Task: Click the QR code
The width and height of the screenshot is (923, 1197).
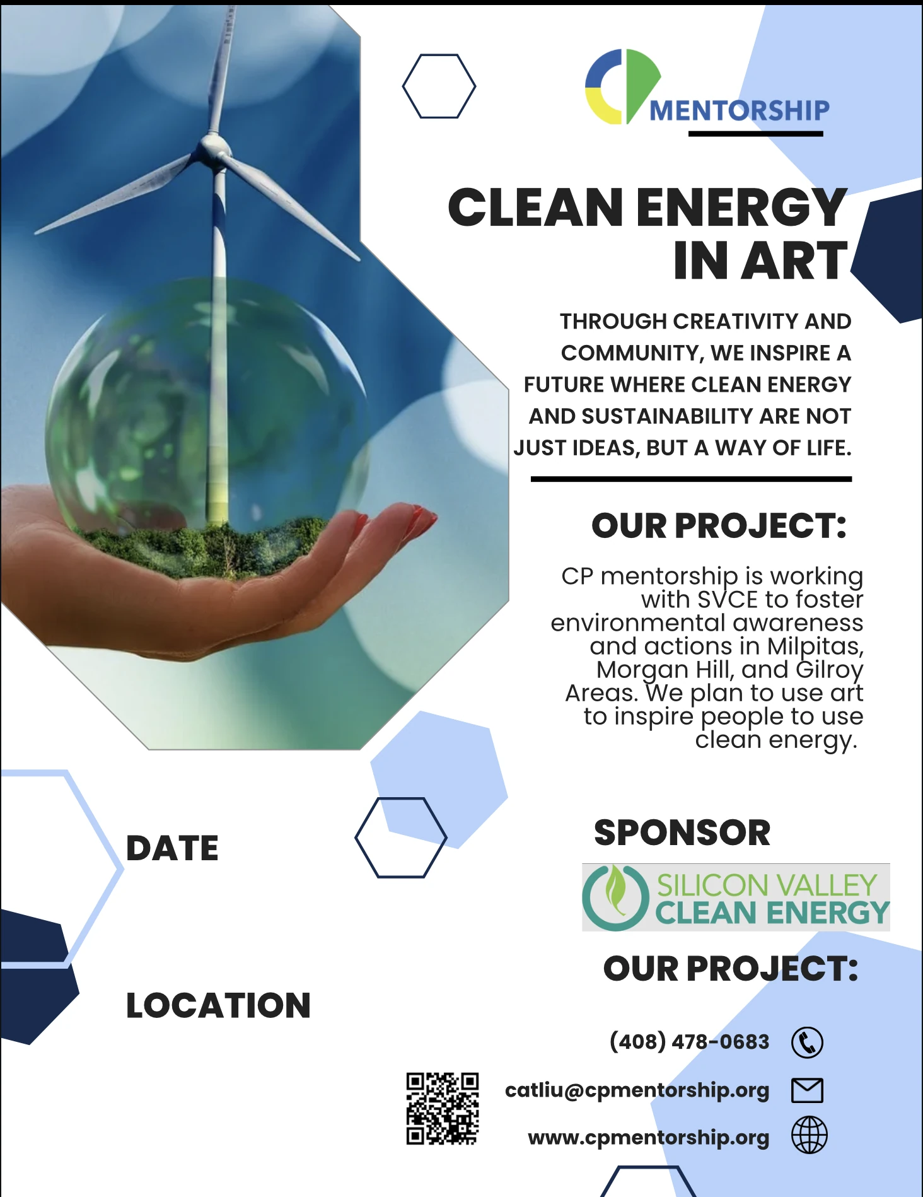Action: coord(442,1108)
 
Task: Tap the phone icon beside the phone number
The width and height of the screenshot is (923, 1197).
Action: coord(807,1042)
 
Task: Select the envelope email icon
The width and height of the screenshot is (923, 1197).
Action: coord(807,1090)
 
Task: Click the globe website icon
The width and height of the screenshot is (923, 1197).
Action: coord(810,1135)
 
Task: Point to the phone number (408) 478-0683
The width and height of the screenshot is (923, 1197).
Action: coord(689,1041)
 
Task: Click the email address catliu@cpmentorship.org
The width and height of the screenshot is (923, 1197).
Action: coord(637,1090)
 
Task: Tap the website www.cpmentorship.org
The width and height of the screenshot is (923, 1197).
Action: coord(649,1137)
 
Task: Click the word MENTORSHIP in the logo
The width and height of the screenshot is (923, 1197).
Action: coord(740,110)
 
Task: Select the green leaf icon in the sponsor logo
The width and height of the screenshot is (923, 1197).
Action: coord(615,889)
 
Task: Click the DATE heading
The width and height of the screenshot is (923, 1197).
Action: coord(172,848)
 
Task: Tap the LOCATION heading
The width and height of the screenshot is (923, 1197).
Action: coord(218,1005)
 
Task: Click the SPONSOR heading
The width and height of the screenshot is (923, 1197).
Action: coord(682,832)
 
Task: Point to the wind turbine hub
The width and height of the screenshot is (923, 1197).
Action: coord(214,149)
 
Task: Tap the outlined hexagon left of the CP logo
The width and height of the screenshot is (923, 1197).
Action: coord(439,86)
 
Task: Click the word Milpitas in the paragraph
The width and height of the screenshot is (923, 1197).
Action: coord(815,646)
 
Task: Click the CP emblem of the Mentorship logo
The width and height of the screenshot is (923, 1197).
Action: coord(622,86)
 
